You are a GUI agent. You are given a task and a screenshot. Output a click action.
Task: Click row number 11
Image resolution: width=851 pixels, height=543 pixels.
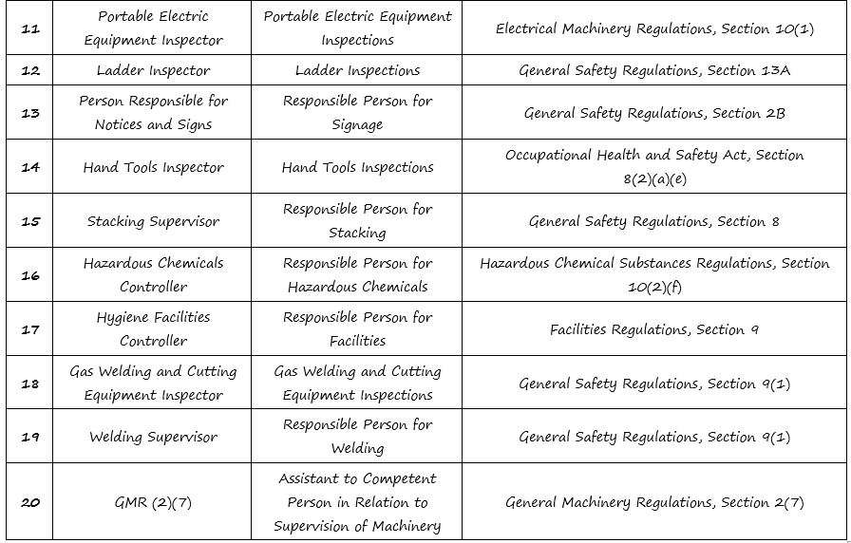pos(30,28)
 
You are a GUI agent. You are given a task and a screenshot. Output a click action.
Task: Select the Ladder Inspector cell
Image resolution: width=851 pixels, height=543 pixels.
pos(153,70)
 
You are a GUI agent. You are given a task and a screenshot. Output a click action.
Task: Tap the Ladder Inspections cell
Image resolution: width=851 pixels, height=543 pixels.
pos(357,70)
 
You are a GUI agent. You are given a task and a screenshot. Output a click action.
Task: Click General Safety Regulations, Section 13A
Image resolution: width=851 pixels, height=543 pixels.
pos(654,70)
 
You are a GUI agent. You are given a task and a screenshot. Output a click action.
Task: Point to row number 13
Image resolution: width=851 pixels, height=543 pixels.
pos(30,113)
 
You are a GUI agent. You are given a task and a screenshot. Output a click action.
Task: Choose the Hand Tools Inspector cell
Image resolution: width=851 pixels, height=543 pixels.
pos(153,167)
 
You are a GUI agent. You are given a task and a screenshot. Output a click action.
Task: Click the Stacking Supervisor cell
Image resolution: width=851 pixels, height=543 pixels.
pos(153,221)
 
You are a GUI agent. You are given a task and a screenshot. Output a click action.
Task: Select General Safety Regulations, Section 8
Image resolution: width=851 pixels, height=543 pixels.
pos(654,221)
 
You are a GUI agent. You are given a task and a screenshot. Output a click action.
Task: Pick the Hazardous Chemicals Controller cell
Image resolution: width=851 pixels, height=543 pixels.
pos(153,274)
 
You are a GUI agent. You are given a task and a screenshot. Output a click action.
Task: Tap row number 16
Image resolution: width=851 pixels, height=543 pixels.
pos(30,274)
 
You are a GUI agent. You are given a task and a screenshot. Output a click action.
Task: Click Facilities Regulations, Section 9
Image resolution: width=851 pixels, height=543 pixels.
pos(654,329)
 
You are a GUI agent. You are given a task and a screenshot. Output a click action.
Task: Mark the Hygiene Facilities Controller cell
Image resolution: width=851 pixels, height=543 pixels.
pos(153,328)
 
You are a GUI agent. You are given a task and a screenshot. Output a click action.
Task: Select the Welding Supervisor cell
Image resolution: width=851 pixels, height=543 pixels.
pos(153,437)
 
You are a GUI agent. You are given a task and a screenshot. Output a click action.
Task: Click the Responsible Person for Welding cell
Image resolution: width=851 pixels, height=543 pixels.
pos(357,436)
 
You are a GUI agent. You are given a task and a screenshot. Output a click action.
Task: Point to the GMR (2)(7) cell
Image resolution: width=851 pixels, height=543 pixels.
pos(153,502)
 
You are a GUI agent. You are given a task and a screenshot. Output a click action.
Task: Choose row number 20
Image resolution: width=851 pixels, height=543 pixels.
pos(30,502)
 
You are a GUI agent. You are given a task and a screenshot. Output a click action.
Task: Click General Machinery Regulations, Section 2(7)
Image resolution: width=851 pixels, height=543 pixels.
pos(654,502)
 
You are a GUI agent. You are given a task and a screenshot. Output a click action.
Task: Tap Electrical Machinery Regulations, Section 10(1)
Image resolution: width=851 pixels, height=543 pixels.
pos(654,28)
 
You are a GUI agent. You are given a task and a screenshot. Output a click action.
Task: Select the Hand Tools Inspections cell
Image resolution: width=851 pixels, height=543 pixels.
pos(357,167)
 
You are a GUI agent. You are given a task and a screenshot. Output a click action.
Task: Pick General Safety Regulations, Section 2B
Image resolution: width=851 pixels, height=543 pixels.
pos(654,113)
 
